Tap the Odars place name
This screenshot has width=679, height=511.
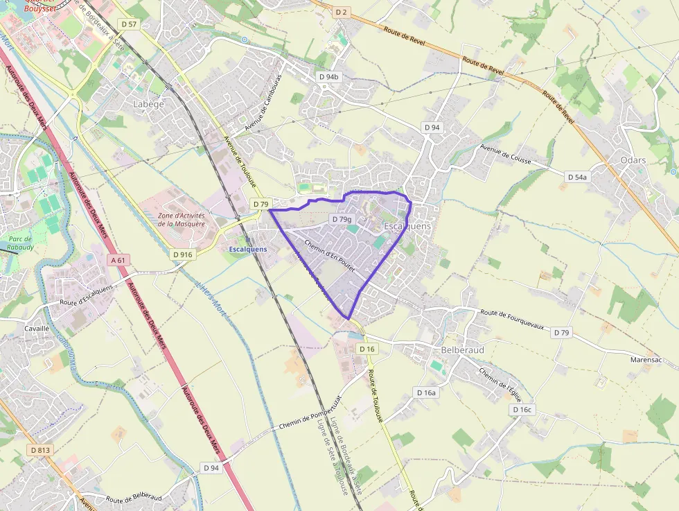(x=633, y=160)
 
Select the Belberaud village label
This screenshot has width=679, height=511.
(x=462, y=350)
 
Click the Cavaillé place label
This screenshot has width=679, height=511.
(x=37, y=329)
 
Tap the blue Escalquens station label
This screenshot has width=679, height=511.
(x=247, y=250)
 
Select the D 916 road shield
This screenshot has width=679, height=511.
(x=182, y=254)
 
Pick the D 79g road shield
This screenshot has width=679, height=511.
(x=341, y=219)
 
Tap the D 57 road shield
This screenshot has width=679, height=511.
(x=129, y=24)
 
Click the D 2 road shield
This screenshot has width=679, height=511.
(x=341, y=12)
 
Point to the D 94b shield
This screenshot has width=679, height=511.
(x=328, y=76)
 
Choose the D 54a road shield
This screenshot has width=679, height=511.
(x=576, y=177)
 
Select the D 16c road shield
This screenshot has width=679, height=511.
(x=522, y=410)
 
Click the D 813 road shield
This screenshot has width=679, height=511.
(x=40, y=450)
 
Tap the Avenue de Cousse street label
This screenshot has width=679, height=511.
(x=506, y=154)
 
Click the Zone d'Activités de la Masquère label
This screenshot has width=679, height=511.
(x=182, y=219)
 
